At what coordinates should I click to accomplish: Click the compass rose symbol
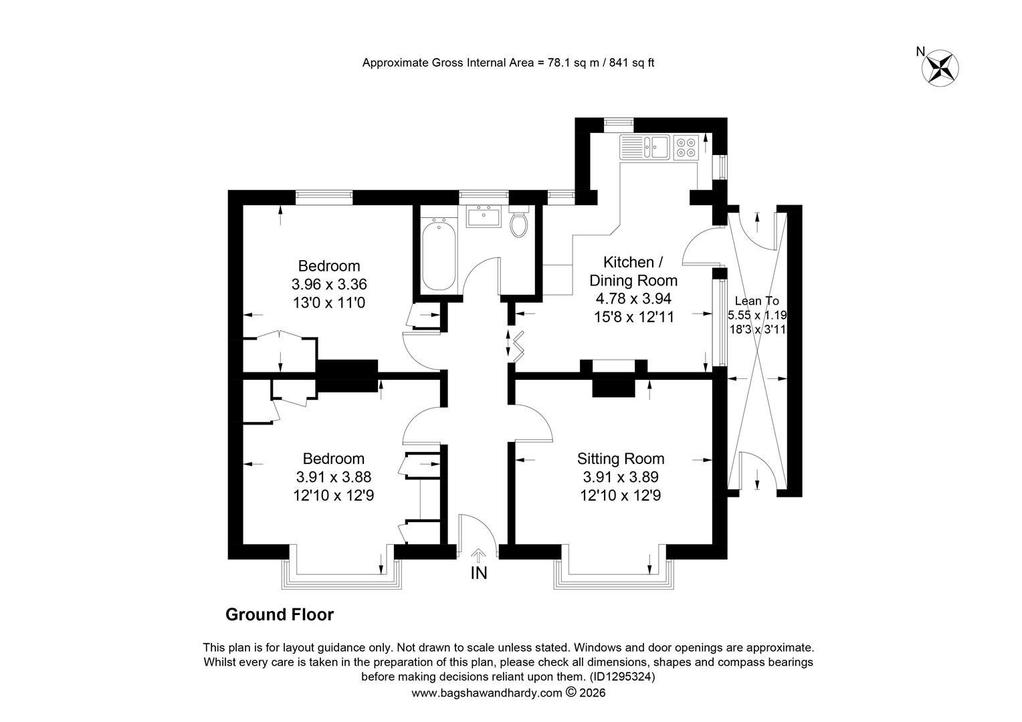pyautogui.click(x=940, y=68)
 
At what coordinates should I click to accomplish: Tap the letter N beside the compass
pyautogui.click(x=921, y=52)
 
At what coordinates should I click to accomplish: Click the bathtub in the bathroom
pyautogui.click(x=439, y=253)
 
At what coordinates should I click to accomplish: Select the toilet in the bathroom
pyautogui.click(x=519, y=222)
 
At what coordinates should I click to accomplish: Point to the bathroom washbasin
pyautogui.click(x=484, y=216)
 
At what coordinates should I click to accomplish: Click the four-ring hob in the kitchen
pyautogui.click(x=686, y=147)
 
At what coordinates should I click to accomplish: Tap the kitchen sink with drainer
pyautogui.click(x=645, y=147)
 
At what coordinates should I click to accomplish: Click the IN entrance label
pyautogui.click(x=479, y=574)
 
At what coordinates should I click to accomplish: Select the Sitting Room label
pyautogui.click(x=621, y=459)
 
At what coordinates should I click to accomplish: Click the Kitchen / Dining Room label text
pyautogui.click(x=633, y=271)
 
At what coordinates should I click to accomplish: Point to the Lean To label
pyautogui.click(x=757, y=301)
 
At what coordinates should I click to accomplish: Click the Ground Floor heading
pyautogui.click(x=280, y=615)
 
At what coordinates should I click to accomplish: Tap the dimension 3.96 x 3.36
pyautogui.click(x=329, y=284)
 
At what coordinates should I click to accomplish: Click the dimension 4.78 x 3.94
pyautogui.click(x=633, y=299)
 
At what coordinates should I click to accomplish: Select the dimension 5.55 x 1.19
pyautogui.click(x=757, y=315)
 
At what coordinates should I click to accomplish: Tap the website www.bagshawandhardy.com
pyautogui.click(x=486, y=693)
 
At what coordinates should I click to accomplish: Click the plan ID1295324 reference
pyautogui.click(x=622, y=677)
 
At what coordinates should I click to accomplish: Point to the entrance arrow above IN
pyautogui.click(x=478, y=556)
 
